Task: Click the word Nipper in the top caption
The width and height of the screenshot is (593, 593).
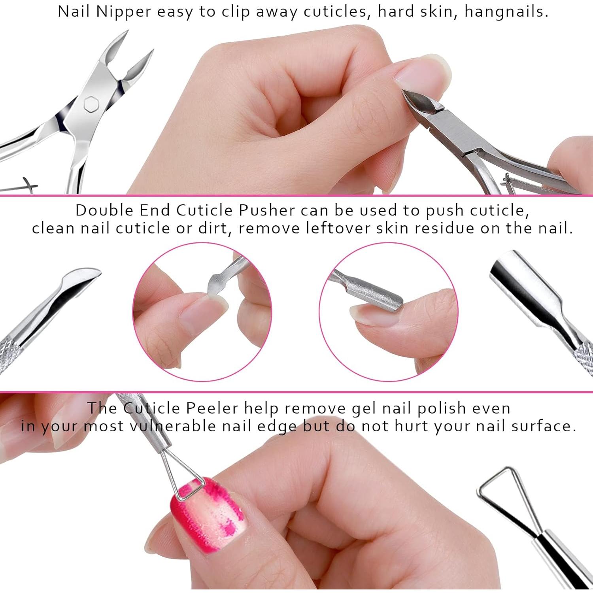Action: pos(123,12)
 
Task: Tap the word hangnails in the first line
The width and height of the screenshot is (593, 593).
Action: pos(506,12)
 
